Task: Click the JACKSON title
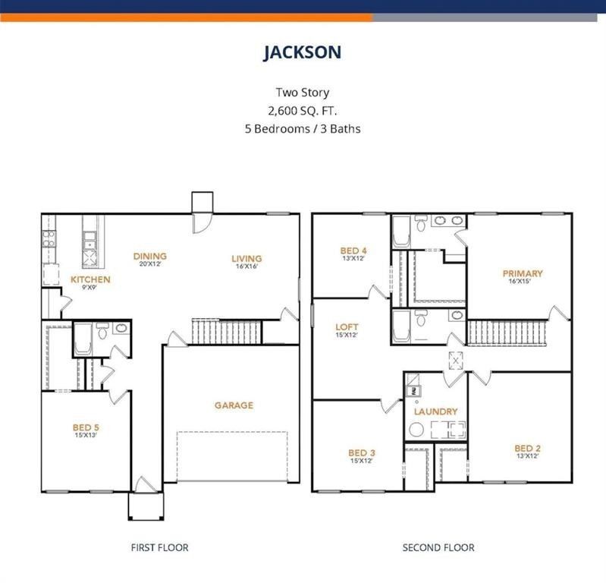303,52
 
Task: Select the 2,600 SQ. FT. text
303,111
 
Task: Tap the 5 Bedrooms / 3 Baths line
303,128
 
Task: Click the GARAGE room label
234,405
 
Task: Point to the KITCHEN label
90,279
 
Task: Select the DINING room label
149,257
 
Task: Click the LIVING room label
246,259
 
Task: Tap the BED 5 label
86,427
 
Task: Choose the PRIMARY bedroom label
523,273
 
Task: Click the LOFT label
347,328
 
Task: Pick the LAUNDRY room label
435,411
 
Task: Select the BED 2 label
527,448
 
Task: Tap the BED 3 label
363,453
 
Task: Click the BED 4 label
353,251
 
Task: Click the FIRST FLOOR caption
159,547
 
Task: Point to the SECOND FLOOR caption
438,547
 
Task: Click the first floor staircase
225,332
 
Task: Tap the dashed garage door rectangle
232,456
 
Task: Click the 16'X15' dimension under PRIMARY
519,282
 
